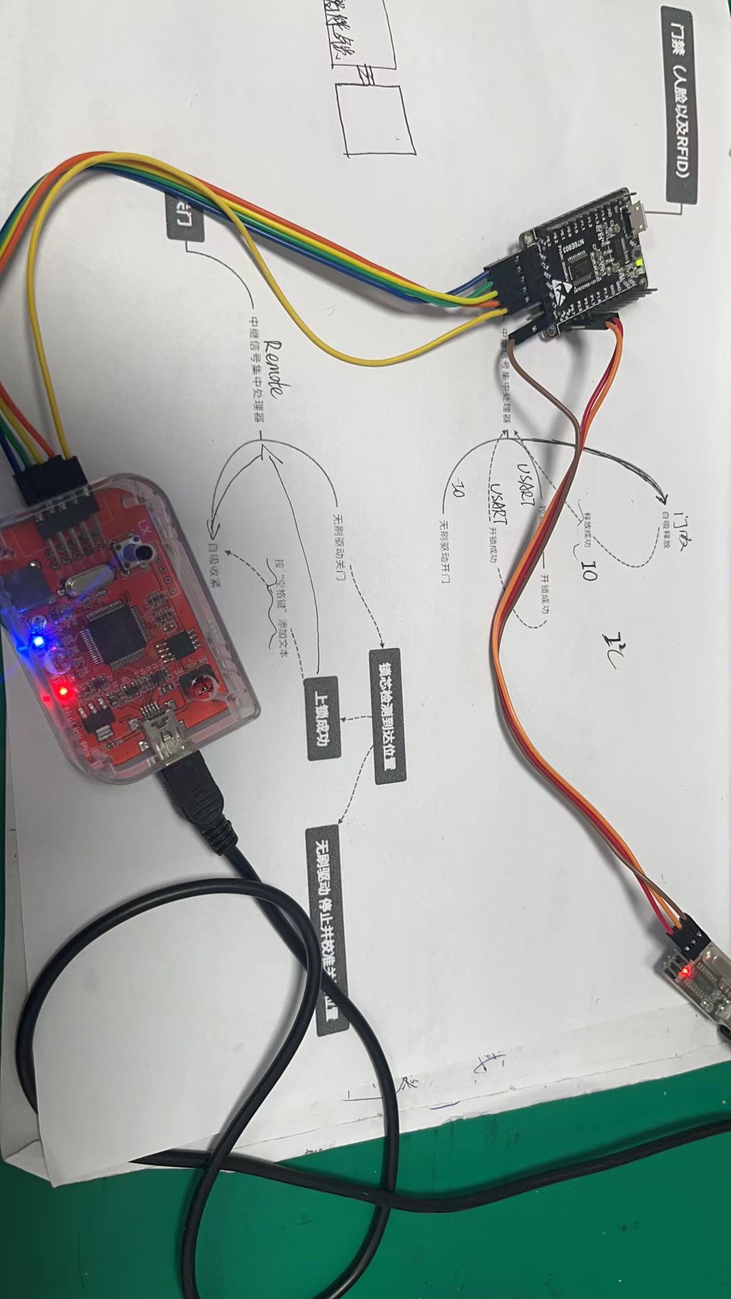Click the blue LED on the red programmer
point(38,640)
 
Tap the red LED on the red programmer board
point(63,691)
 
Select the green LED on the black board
point(638,260)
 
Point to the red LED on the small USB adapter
point(688,973)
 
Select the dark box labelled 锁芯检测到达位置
point(388,715)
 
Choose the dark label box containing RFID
point(680,105)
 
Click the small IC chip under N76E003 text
point(582,271)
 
